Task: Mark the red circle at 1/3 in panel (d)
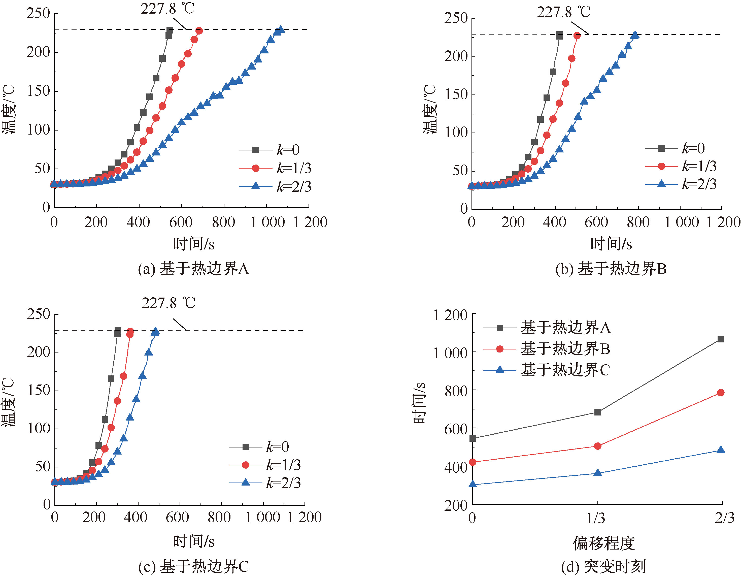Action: point(598,446)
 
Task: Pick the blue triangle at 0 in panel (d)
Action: point(473,484)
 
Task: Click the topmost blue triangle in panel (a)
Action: point(281,29)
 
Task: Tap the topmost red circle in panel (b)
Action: point(577,35)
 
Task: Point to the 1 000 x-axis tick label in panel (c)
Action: point(263,517)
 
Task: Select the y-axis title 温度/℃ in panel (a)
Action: point(9,109)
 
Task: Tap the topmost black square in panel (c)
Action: point(118,330)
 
